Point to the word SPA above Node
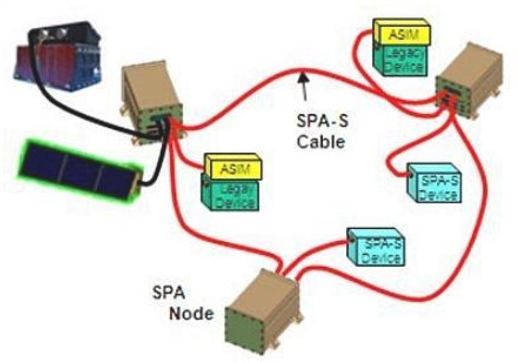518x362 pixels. [x=168, y=295]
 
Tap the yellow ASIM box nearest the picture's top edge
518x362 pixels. [x=402, y=34]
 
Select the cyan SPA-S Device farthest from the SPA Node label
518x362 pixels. [x=434, y=185]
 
